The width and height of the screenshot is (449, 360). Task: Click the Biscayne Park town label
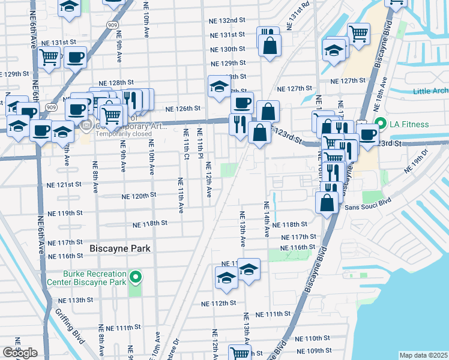pyautogui.click(x=119, y=248)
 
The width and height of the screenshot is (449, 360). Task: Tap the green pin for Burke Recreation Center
pyautogui.click(x=136, y=277)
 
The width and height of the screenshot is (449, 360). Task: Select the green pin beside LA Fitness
pyautogui.click(x=379, y=124)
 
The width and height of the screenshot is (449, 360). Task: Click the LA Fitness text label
pyautogui.click(x=408, y=124)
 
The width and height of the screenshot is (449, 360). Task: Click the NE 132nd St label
pyautogui.click(x=227, y=20)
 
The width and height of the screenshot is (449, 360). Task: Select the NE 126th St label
pyautogui.click(x=182, y=109)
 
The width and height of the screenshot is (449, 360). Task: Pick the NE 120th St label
pyautogui.click(x=139, y=196)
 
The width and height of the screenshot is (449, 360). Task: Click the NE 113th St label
pyautogui.click(x=75, y=300)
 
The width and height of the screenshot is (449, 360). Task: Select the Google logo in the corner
pyautogui.click(x=20, y=353)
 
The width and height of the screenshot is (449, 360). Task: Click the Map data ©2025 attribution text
pyautogui.click(x=423, y=355)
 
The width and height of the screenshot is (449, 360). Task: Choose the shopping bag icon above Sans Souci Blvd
pyautogui.click(x=327, y=202)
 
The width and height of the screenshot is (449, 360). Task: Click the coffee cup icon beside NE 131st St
pyautogui.click(x=76, y=58)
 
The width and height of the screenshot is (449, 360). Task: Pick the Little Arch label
pyautogui.click(x=430, y=91)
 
